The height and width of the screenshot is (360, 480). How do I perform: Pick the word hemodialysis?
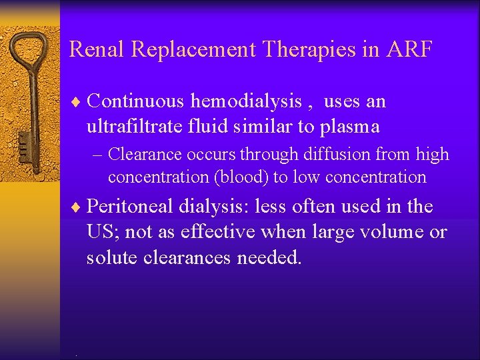tap(247, 101)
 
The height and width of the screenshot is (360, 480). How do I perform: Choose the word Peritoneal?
tap(130, 207)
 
